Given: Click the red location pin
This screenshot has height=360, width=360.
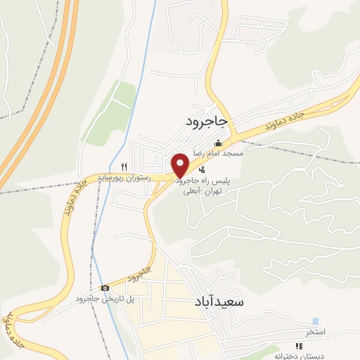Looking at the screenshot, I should point(181,165).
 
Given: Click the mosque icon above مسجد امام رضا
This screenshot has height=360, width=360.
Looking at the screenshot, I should point(217,143).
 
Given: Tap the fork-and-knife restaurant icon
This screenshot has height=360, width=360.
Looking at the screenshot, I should point(124,167).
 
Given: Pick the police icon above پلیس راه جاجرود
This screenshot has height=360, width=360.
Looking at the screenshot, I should point(202,169).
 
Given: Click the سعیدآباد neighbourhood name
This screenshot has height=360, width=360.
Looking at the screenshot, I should point(219,302).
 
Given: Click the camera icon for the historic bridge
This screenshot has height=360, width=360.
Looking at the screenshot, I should point(105,288).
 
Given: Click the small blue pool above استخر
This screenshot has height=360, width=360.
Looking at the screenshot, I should point(314,321).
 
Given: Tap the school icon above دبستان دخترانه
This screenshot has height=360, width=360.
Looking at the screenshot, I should point(298,346).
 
